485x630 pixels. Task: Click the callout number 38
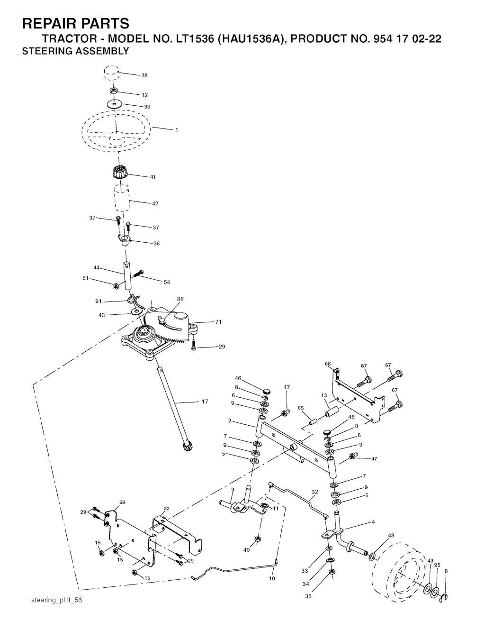tap(144, 75)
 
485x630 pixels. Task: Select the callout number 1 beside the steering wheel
tap(177, 130)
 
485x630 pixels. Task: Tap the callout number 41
tap(153, 177)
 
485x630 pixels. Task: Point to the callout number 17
tap(205, 402)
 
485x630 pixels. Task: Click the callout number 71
tap(218, 321)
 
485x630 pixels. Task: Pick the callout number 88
tap(180, 299)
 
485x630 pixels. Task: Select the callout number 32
tap(315, 492)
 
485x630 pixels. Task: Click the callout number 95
tap(437, 565)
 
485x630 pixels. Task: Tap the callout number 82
tap(167, 509)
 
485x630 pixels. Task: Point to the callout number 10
tap(272, 578)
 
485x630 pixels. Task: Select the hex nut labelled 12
tap(114, 91)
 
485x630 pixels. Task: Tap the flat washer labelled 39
tap(114, 103)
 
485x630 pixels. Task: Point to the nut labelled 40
tap(257, 539)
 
